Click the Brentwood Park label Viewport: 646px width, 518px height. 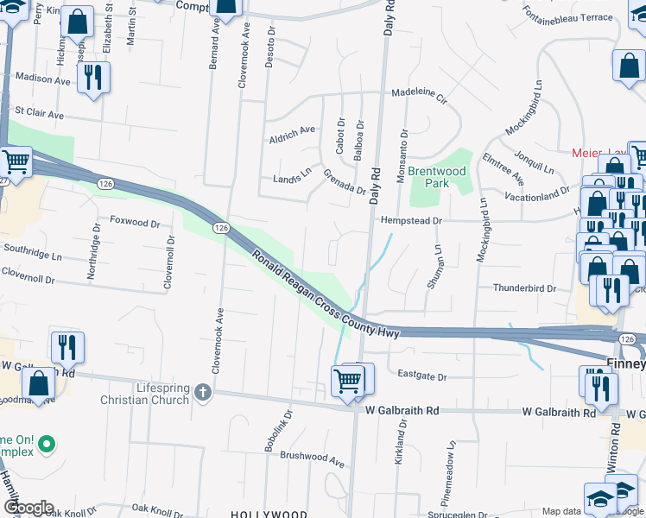click(x=437, y=177)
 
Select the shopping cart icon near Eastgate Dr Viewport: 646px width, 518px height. click(x=347, y=380)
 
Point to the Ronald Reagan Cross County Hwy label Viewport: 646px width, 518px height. click(x=326, y=295)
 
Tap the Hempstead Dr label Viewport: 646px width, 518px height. click(x=411, y=221)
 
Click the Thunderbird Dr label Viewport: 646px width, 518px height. click(x=522, y=288)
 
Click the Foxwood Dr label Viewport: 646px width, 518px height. click(x=135, y=222)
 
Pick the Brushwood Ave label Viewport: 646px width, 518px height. click(x=312, y=460)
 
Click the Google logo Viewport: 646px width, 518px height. click(x=28, y=508)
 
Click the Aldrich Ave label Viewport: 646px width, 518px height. click(x=292, y=133)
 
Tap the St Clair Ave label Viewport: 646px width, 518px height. click(x=39, y=114)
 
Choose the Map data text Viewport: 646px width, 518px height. click(x=561, y=511)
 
